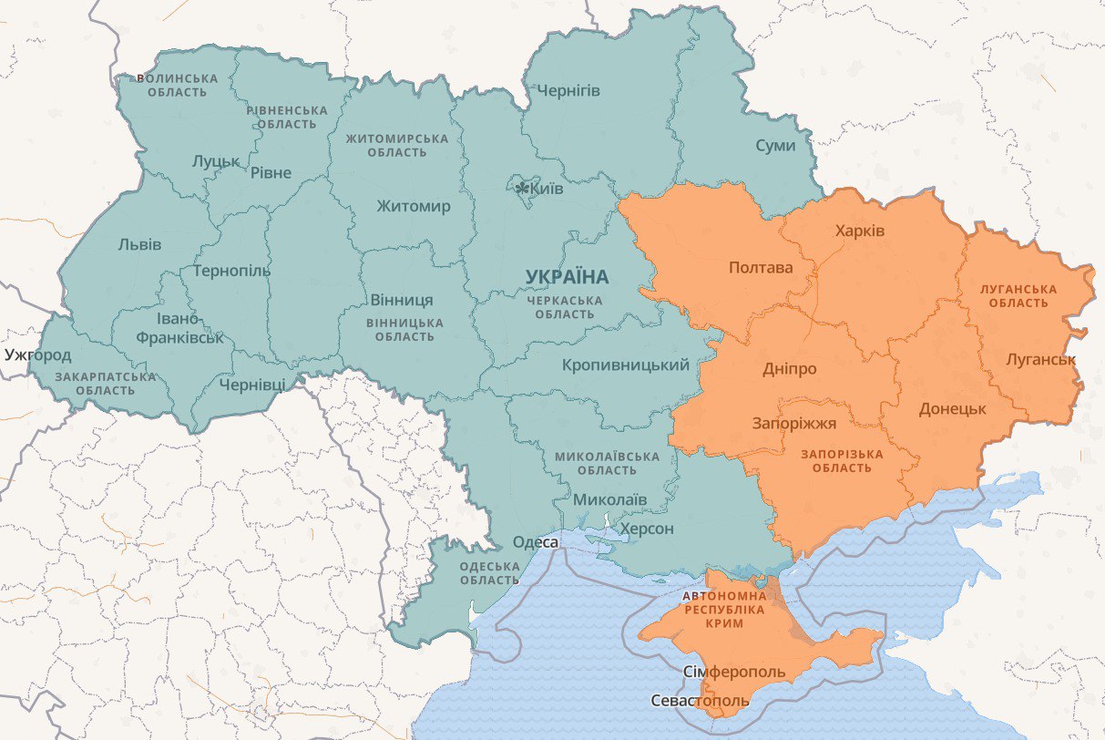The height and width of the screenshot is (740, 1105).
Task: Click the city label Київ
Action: point(547,190)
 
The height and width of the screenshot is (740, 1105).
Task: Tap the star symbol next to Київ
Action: point(522,189)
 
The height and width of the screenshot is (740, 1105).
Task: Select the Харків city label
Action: point(859,231)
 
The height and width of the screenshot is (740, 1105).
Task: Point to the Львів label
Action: point(139,244)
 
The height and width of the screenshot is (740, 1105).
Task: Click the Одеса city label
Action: point(536,542)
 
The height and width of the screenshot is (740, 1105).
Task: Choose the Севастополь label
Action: point(700,701)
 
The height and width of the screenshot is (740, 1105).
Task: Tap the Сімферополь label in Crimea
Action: point(733,672)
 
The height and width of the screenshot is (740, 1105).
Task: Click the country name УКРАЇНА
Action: point(567,276)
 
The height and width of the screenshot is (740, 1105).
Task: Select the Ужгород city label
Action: point(37,355)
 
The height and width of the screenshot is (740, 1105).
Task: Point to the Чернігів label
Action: point(568,90)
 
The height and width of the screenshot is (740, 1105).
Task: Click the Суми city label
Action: point(775,146)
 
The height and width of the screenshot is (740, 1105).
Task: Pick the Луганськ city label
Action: point(1040,359)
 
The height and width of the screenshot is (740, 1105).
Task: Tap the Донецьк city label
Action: point(952,408)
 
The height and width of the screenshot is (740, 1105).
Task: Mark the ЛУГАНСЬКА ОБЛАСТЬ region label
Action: point(1018,295)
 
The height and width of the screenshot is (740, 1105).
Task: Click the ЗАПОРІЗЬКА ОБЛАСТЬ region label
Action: point(843,460)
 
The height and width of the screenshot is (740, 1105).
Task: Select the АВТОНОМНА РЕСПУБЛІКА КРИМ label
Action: point(719,609)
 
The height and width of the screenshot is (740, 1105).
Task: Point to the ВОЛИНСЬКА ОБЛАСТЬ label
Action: point(178,85)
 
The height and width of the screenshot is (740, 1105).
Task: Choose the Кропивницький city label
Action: point(625,365)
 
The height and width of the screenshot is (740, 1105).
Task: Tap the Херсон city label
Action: point(647,529)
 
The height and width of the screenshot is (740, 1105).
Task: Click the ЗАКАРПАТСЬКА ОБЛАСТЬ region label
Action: point(105,383)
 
